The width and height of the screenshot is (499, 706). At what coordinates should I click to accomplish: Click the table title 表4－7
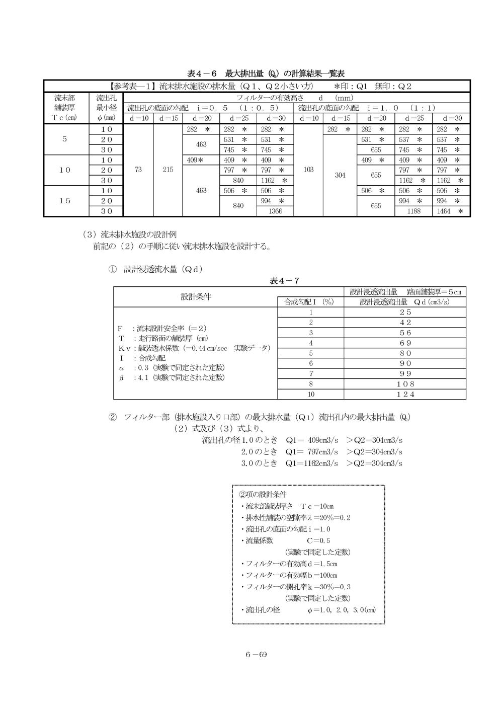pyautogui.click(x=285, y=280)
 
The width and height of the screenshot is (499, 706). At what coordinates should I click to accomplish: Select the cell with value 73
pyautogui.click(x=138, y=170)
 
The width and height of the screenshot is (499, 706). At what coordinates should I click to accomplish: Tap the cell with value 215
pyautogui.click(x=168, y=170)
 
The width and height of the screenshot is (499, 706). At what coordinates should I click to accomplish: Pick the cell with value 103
pyautogui.click(x=308, y=170)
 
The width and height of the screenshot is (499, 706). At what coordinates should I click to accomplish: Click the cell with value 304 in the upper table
pyautogui.click(x=340, y=175)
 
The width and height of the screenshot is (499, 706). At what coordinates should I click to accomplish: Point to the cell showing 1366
pyautogui.click(x=275, y=211)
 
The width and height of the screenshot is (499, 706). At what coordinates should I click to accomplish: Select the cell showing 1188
pyautogui.click(x=412, y=211)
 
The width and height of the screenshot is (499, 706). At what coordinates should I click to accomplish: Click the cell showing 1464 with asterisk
pyautogui.click(x=451, y=211)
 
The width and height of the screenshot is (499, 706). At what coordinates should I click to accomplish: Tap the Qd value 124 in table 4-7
pyautogui.click(x=405, y=395)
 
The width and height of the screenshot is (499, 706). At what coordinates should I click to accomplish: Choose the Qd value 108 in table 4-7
pyautogui.click(x=405, y=384)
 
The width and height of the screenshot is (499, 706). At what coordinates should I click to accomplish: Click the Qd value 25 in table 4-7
pyautogui.click(x=405, y=312)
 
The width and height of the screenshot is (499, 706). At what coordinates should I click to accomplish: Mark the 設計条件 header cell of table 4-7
pyautogui.click(x=196, y=296)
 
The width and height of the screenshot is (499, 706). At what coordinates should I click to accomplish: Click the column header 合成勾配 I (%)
pyautogui.click(x=310, y=302)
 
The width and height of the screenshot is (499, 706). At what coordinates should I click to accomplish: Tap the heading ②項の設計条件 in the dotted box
pyautogui.click(x=262, y=494)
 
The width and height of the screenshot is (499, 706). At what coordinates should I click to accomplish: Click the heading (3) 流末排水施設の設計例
pyautogui.click(x=129, y=234)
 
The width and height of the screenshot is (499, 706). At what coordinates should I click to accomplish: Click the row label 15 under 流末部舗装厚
pyautogui.click(x=65, y=201)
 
